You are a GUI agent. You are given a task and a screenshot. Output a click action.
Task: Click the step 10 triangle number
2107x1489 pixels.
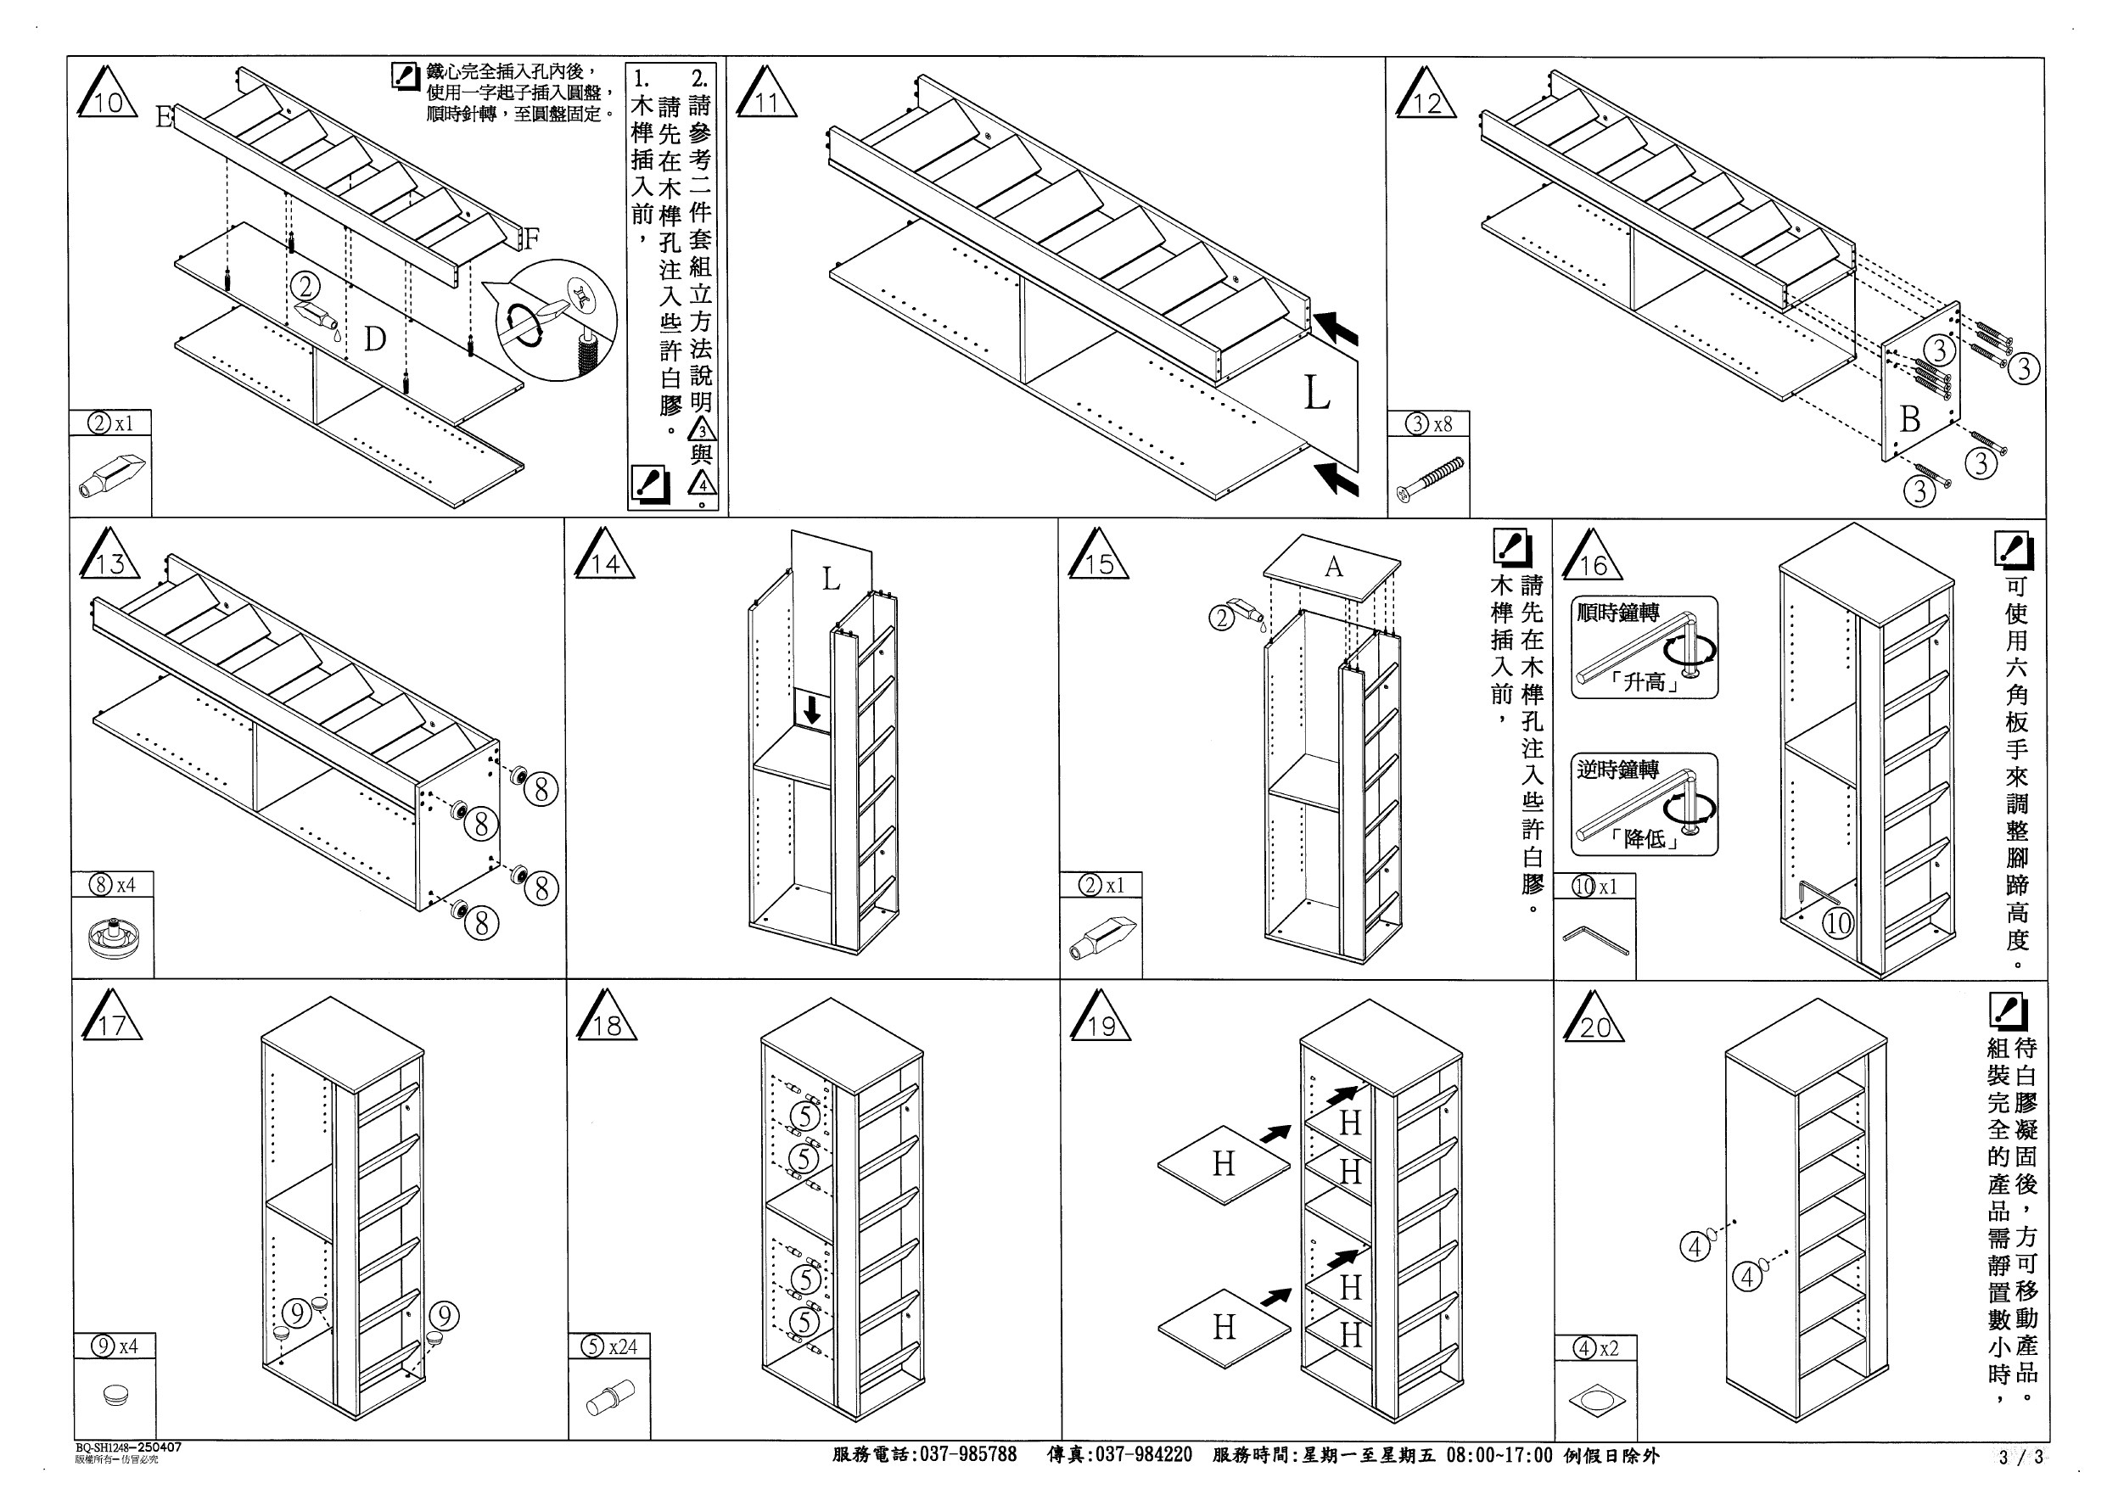pyautogui.click(x=109, y=101)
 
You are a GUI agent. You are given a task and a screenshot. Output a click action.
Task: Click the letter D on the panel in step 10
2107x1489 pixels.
pyautogui.click(x=374, y=340)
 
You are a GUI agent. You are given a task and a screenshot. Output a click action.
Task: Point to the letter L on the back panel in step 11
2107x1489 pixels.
pyautogui.click(x=1317, y=394)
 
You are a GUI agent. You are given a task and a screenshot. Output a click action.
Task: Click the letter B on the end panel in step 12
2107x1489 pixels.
pyautogui.click(x=1909, y=419)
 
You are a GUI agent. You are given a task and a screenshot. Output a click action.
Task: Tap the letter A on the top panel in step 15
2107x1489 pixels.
pyautogui.click(x=1333, y=567)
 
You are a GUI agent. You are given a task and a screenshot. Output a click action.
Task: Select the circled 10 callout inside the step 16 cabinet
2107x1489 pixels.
pyautogui.click(x=1838, y=922)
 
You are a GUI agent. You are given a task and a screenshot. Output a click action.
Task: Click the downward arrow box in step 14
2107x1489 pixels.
pyautogui.click(x=812, y=711)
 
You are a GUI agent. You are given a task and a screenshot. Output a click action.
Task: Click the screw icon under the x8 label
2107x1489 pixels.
pyautogui.click(x=1430, y=480)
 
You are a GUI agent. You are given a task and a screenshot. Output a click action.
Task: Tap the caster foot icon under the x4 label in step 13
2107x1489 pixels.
pyautogui.click(x=111, y=938)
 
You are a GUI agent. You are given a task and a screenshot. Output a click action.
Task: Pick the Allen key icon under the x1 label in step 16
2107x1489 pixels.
pyautogui.click(x=1596, y=939)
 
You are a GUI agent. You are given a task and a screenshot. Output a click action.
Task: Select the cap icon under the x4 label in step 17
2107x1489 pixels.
pyautogui.click(x=115, y=1396)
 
